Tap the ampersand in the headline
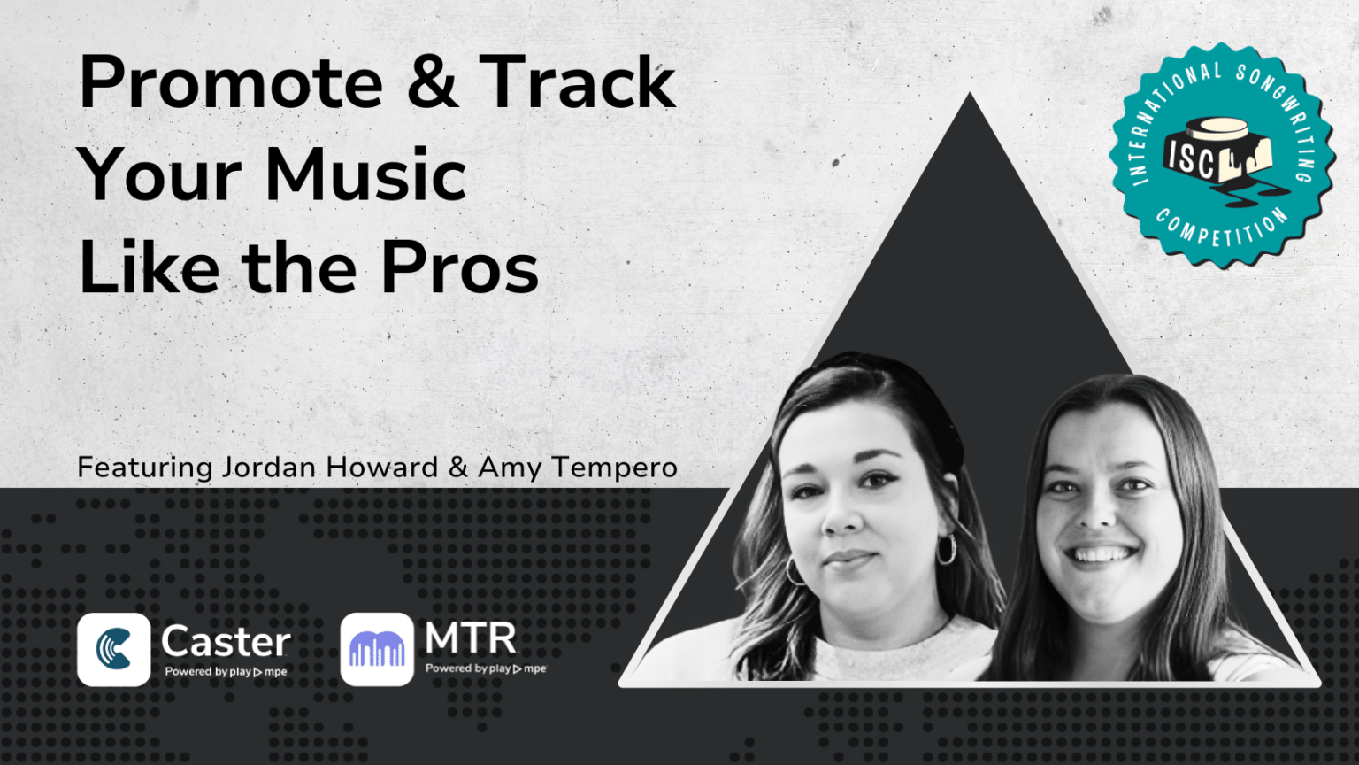[433, 82]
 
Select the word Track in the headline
[578, 82]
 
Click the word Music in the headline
[365, 174]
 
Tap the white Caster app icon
[113, 649]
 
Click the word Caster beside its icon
[226, 640]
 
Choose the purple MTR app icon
[377, 649]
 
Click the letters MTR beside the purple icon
[470, 637]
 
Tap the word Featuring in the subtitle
[144, 467]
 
